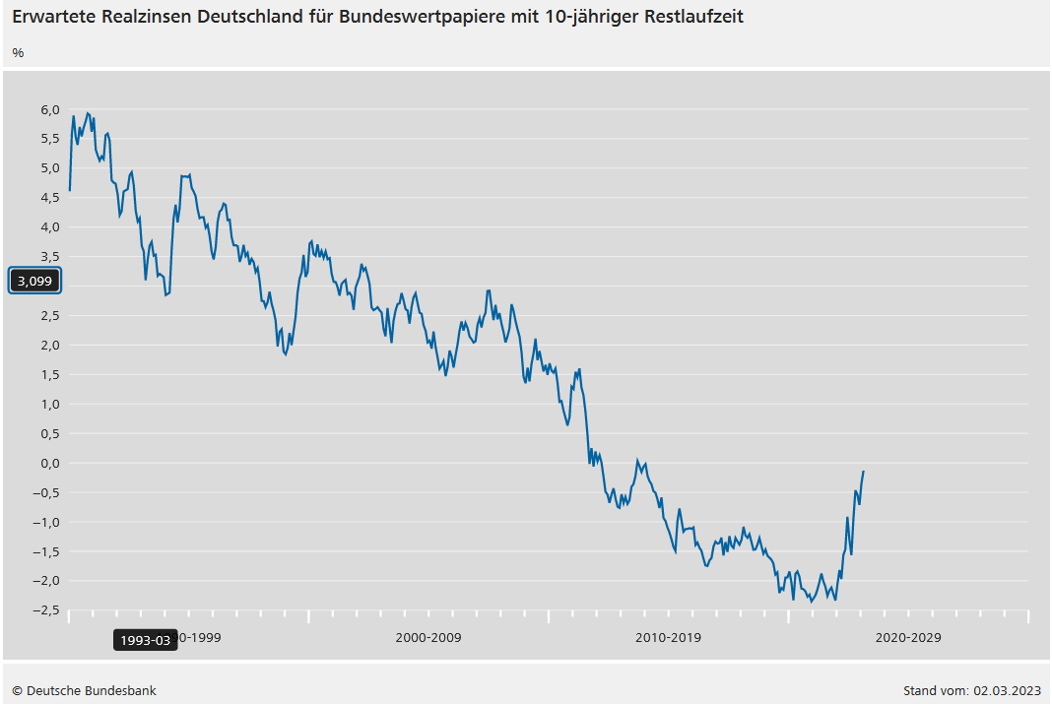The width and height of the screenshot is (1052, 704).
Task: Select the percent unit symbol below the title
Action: (x=18, y=52)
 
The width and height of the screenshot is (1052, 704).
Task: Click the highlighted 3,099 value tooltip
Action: (x=35, y=281)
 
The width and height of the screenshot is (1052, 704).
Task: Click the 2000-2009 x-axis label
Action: (x=427, y=637)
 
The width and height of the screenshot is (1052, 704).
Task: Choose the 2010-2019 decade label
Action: (x=668, y=637)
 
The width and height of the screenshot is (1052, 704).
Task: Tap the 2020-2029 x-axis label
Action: (x=908, y=637)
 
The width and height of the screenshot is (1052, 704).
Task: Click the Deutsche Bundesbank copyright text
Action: (x=85, y=690)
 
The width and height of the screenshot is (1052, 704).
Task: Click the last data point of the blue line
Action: (x=864, y=472)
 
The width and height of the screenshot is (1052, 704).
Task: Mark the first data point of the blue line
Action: (x=70, y=190)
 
